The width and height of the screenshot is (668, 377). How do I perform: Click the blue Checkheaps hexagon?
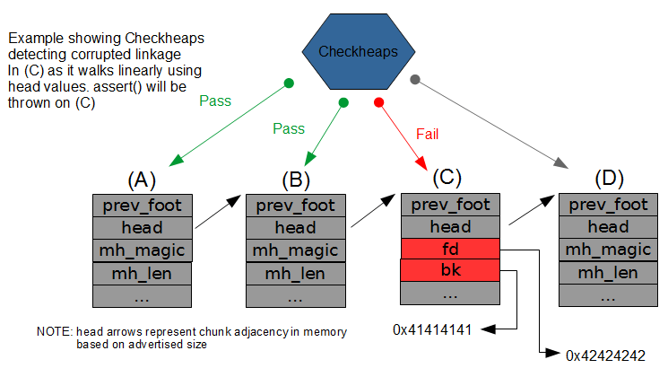357,52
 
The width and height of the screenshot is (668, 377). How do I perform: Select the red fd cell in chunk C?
450,249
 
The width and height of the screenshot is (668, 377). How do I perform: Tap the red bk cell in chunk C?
450,270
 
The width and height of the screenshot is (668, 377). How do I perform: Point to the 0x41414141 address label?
432,329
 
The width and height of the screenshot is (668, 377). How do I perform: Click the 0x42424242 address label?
605,356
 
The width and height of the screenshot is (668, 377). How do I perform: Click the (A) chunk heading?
141,180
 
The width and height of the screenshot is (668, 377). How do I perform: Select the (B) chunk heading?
295,180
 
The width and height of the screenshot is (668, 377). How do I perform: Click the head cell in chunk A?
142,227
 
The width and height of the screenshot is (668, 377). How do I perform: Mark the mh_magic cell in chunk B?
295,250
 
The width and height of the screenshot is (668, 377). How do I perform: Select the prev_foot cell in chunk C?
450,205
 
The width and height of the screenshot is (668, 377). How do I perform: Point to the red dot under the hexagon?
378,102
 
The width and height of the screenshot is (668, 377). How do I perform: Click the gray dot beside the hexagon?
414,79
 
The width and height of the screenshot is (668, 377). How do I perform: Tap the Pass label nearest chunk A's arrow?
214,101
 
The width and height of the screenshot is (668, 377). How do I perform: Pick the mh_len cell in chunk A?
142,272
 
